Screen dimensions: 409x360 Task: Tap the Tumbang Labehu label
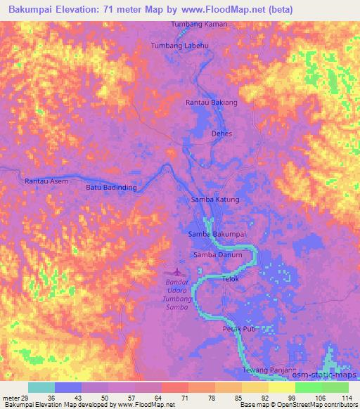tap(181, 46)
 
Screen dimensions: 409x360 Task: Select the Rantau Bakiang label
tap(211, 103)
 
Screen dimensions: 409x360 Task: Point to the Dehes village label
tap(221, 134)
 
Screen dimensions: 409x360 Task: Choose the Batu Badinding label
tap(110, 188)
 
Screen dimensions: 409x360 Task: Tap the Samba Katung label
tap(215, 200)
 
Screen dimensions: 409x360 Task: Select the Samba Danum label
tap(217, 255)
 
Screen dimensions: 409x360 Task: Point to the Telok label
tap(231, 279)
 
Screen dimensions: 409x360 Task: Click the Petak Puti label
tap(238, 329)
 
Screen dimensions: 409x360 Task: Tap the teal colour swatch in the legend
tap(41, 387)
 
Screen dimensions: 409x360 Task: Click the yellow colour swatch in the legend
tap(281, 387)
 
